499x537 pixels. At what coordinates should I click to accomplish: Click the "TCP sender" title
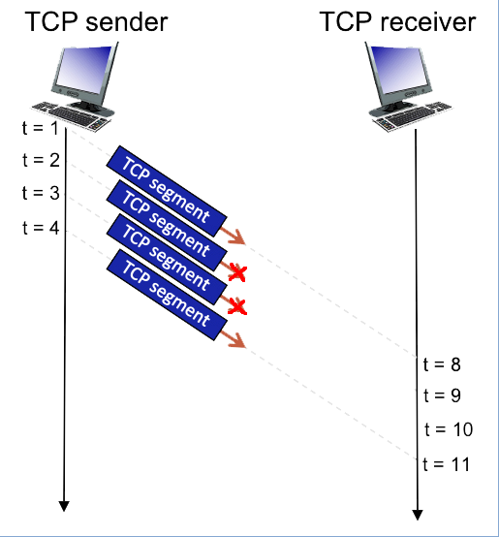pyautogui.click(x=96, y=22)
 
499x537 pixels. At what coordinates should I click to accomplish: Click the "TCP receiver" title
pyautogui.click(x=397, y=22)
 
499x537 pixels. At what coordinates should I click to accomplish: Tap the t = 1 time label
pyautogui.click(x=41, y=128)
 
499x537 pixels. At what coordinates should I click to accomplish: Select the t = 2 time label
pyautogui.click(x=41, y=160)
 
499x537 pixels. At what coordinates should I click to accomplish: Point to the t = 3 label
pyautogui.click(x=41, y=193)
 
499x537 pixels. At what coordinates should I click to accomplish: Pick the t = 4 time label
pyautogui.click(x=41, y=228)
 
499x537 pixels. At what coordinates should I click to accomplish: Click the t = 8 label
pyautogui.click(x=442, y=364)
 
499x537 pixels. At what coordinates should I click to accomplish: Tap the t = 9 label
pyautogui.click(x=442, y=395)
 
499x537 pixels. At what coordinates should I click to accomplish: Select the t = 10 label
pyautogui.click(x=449, y=429)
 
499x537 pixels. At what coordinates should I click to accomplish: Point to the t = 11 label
pyautogui.click(x=447, y=464)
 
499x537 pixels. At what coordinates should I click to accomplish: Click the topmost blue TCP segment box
pyautogui.click(x=167, y=191)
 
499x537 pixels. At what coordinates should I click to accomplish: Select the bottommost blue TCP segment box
pyautogui.click(x=167, y=295)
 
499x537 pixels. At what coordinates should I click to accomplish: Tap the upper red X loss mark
pyautogui.click(x=237, y=273)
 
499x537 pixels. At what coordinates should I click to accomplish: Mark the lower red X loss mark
pyautogui.click(x=237, y=306)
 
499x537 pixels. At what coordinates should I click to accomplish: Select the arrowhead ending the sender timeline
pyautogui.click(x=64, y=506)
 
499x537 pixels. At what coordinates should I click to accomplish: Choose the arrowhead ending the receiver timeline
pyautogui.click(x=418, y=515)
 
